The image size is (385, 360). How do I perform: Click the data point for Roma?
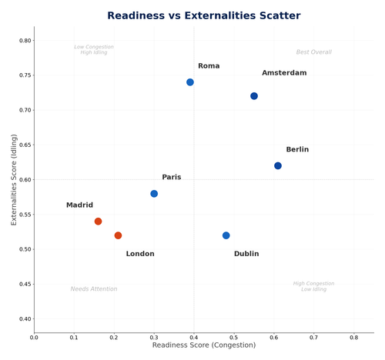(x=190, y=82)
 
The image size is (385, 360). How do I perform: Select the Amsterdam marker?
(x=254, y=96)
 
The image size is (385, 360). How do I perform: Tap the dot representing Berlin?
(x=278, y=165)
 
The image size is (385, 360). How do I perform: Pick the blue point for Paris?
(x=154, y=194)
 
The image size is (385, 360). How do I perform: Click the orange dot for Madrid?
(x=98, y=222)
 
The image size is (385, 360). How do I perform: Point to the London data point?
(x=118, y=235)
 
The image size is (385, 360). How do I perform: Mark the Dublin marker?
(x=226, y=235)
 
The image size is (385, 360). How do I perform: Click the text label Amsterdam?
(x=284, y=73)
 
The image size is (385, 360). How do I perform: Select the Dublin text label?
(x=246, y=254)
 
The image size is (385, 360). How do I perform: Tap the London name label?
(x=140, y=254)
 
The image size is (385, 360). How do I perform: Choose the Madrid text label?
(x=79, y=205)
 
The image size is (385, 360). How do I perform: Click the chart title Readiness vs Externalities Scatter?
(x=192, y=15)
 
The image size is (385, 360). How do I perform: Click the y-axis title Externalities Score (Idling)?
(x=14, y=179)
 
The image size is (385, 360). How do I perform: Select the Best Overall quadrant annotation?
(x=313, y=52)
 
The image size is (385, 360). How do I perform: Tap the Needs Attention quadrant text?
(x=94, y=289)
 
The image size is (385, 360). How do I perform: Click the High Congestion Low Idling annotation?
(x=313, y=286)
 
